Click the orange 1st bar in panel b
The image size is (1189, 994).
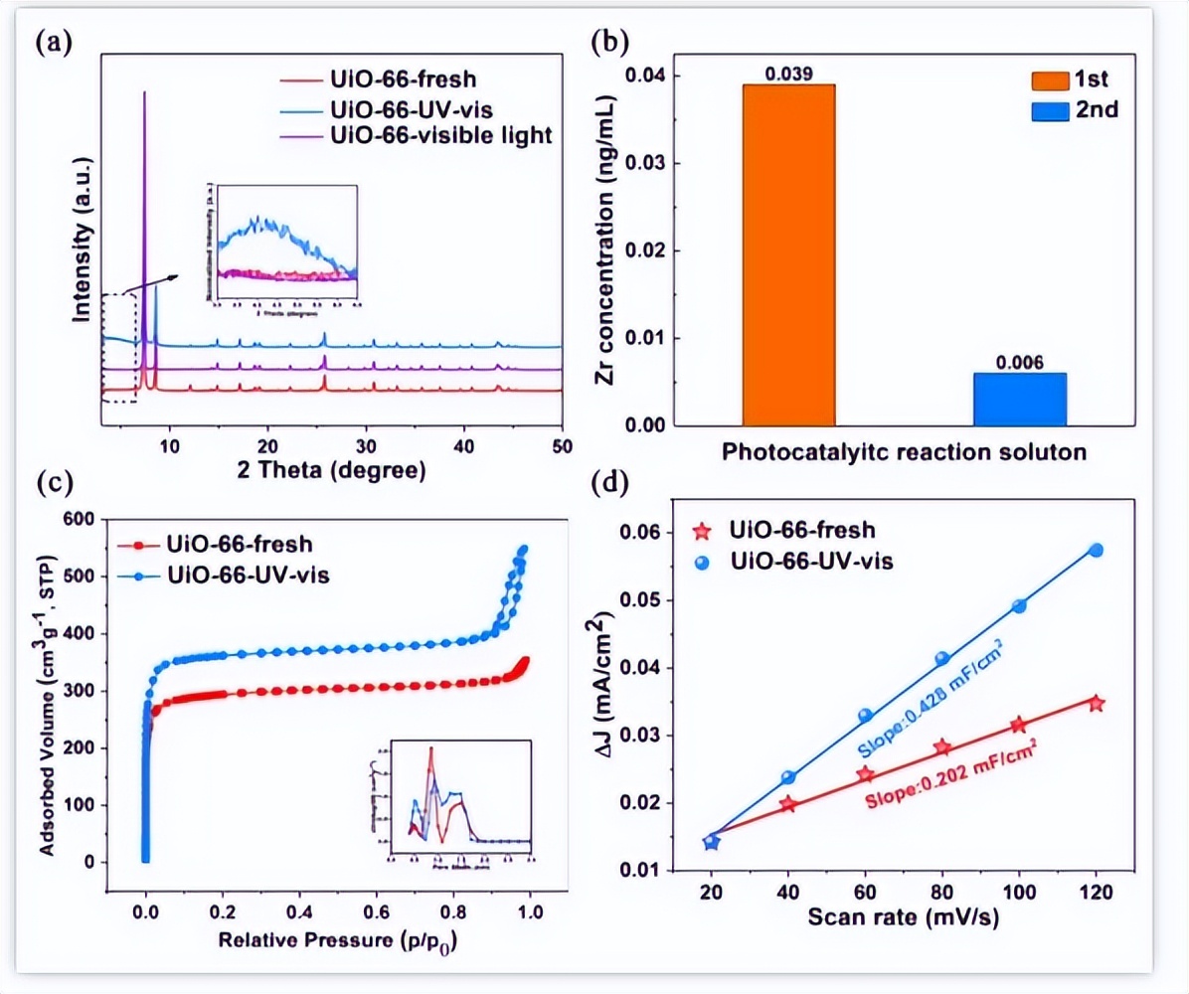tap(788, 254)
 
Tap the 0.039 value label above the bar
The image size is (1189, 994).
tap(788, 74)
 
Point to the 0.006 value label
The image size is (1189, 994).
tap(1020, 363)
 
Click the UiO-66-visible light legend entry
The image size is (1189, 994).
tap(439, 134)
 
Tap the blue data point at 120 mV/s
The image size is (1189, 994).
tap(1097, 550)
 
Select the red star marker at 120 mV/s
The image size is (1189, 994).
tap(1097, 703)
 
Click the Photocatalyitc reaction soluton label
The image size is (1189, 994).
tap(904, 450)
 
